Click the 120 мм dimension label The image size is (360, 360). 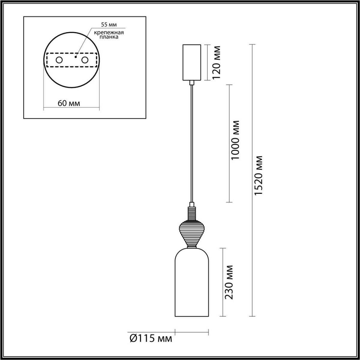click(x=216, y=62)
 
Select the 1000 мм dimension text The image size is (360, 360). click(x=236, y=140)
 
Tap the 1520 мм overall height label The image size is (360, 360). click(x=258, y=175)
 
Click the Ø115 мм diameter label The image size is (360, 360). click(x=151, y=339)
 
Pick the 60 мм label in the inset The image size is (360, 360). click(x=69, y=103)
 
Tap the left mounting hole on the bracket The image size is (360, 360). click(x=59, y=60)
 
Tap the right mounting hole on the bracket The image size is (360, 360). click(x=85, y=60)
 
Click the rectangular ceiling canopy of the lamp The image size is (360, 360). click(x=191, y=62)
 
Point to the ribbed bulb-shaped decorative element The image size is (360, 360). click(x=191, y=231)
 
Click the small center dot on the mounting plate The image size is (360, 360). click(x=76, y=56)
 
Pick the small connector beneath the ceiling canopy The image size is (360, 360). click(x=192, y=83)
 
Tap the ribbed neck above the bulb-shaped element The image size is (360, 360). click(x=191, y=213)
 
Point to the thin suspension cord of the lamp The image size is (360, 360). click(x=191, y=144)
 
